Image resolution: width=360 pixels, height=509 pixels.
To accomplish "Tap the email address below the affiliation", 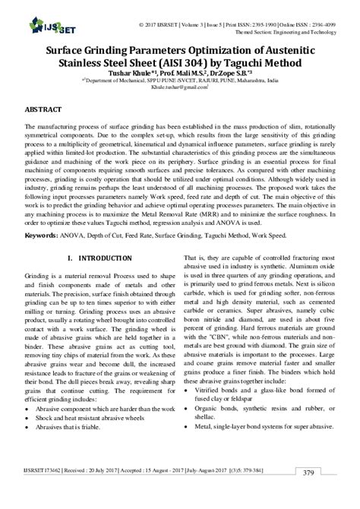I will coord(178,87).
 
